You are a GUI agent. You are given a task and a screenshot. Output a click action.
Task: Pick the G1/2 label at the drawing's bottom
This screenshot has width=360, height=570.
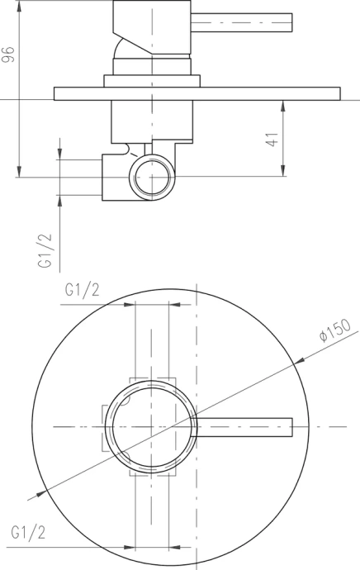(x=29, y=533)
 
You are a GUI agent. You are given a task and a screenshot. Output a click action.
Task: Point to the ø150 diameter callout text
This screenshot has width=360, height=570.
(x=335, y=329)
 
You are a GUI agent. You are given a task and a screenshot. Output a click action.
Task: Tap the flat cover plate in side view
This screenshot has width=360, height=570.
(x=197, y=93)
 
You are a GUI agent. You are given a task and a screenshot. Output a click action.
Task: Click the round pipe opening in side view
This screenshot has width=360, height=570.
(x=153, y=178)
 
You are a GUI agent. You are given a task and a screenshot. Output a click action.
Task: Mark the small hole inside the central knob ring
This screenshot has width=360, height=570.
(x=125, y=402)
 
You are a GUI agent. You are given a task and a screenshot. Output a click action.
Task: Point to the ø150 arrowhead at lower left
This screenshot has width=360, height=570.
(x=34, y=496)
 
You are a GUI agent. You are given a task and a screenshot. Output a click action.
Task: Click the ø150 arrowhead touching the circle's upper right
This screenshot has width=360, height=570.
(x=301, y=359)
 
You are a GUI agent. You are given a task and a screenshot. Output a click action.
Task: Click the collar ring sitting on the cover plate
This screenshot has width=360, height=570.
(x=152, y=80)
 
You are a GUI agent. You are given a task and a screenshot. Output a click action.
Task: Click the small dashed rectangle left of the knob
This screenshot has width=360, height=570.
(x=106, y=427)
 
